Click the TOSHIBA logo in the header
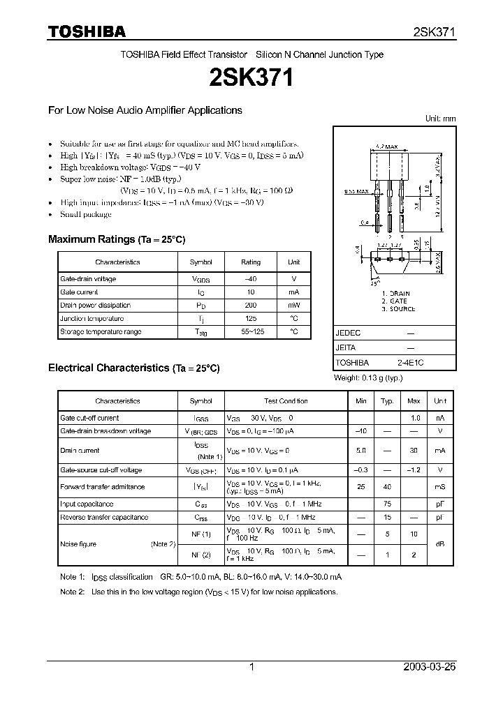coord(87,31)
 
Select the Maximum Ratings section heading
coord(117,239)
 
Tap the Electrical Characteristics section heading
coord(133,368)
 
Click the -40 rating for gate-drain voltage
coord(251,279)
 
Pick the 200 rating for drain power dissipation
coord(251,306)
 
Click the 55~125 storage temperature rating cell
coord(251,332)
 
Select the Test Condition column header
coord(286,401)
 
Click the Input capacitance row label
coord(87,504)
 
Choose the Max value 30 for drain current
coord(414,451)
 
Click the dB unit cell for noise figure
coord(440,544)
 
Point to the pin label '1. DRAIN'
coord(396,294)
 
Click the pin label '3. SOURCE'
coord(398,309)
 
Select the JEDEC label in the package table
coord(348,333)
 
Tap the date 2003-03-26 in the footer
coord(429,667)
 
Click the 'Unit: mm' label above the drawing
coord(440,119)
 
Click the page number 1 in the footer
coord(251,667)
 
